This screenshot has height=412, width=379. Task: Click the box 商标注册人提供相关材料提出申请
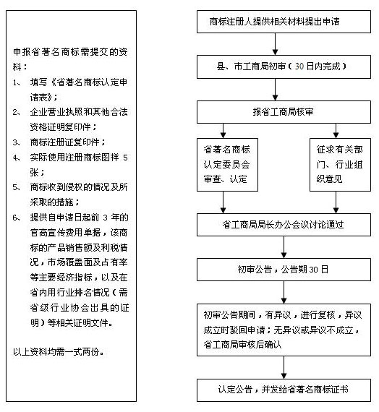coord(284,22)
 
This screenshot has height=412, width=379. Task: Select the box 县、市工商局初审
coord(284,66)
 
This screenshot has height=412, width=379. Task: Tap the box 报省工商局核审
coord(284,112)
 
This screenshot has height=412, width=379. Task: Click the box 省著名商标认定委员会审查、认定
coord(227,165)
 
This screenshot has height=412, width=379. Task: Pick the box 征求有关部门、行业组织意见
coord(340,165)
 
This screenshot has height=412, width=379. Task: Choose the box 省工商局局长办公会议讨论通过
coord(284,225)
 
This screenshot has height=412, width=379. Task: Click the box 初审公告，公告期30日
coord(284,270)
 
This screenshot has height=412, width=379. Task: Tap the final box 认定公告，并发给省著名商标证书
coord(284,390)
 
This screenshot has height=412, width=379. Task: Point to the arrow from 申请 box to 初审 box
coord(275,44)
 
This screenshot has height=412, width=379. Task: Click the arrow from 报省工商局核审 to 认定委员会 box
coord(223,131)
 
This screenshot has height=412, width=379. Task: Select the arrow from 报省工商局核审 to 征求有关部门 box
coord(336,131)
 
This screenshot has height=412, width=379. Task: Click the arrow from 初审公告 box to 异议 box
coord(284,293)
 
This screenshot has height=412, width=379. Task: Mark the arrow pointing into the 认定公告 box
coord(284,368)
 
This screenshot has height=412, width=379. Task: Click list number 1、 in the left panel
coord(17,83)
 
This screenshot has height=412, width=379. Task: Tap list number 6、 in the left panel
coord(17,218)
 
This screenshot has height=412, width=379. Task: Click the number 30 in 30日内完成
coord(299,66)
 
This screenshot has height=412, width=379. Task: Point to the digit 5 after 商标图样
coord(125,158)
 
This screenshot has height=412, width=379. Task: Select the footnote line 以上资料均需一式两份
coord(59,351)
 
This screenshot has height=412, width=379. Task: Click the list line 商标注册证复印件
coord(67,142)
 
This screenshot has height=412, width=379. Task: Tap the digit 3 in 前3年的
coord(105,218)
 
